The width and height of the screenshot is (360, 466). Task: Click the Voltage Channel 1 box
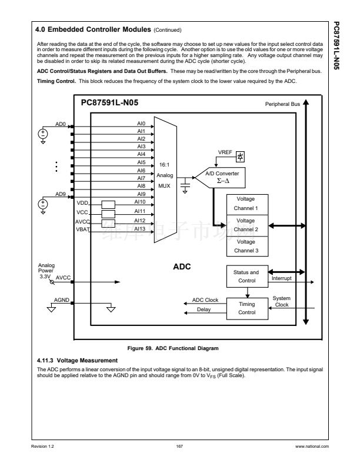246,204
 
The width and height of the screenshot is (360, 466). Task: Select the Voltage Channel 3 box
246,245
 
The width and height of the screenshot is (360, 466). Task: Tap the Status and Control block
246,276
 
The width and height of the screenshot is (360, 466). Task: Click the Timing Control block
246,308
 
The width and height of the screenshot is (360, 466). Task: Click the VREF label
225,152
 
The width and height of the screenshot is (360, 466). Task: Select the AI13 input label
141,229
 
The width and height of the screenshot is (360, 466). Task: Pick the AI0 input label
141,124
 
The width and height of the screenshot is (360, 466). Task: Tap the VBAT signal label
82,229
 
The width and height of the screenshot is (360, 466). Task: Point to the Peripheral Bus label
283,104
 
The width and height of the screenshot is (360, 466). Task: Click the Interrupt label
283,278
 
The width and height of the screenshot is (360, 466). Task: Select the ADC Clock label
205,301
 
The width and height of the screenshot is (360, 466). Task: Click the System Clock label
282,301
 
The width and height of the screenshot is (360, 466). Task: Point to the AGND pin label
62,300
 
